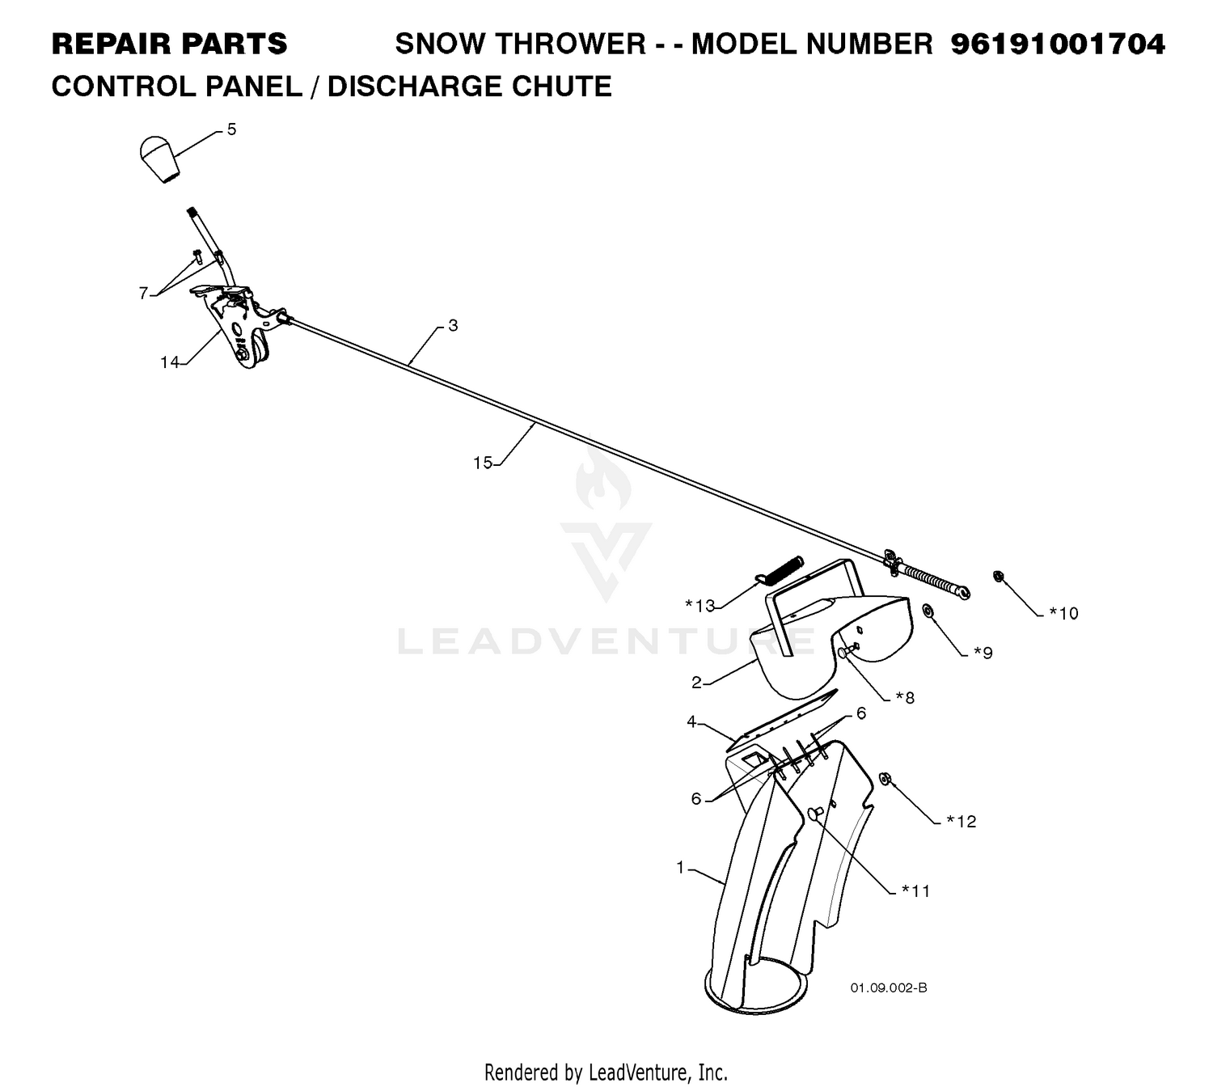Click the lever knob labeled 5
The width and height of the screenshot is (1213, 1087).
160,158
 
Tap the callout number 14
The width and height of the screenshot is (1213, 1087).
170,362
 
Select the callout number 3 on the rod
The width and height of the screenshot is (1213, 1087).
453,325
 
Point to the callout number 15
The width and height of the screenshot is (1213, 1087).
483,463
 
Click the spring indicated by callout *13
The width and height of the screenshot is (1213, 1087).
778,569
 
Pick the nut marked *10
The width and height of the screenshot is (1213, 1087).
998,576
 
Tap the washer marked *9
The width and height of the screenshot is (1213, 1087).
928,611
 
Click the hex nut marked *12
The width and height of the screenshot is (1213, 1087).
885,779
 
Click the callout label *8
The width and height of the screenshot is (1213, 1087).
905,697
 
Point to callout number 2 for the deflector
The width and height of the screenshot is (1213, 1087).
695,683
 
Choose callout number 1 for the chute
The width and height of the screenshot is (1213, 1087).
680,867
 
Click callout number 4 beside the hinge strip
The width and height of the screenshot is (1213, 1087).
691,722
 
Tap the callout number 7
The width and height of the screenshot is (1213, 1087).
143,293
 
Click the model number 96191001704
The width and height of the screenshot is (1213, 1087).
1058,44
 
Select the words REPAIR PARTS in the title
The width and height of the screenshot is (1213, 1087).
170,44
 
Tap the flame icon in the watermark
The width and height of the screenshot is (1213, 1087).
603,476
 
